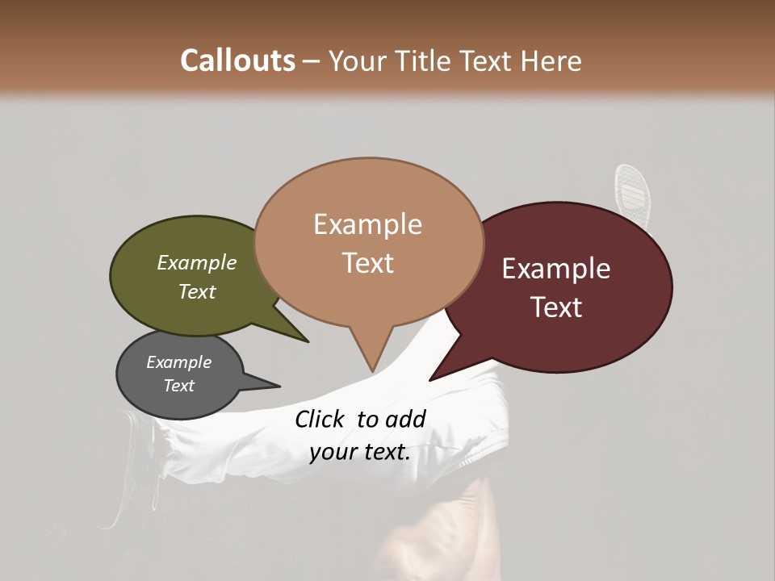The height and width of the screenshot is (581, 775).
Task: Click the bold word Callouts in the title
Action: tap(237, 61)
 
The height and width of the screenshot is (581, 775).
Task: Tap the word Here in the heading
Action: tap(551, 61)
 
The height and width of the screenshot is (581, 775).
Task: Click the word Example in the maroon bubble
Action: tap(556, 269)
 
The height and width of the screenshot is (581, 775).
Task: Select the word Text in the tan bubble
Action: tap(368, 263)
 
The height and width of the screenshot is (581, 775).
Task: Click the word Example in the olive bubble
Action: tap(197, 263)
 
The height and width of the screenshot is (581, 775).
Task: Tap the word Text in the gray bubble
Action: tap(179, 386)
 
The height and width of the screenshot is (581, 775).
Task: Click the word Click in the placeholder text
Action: tap(321, 419)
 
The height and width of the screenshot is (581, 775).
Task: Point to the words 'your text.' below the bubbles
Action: tap(360, 452)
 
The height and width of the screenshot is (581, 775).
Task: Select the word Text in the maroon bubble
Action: tap(557, 307)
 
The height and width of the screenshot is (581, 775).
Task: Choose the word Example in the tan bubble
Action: tap(368, 224)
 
